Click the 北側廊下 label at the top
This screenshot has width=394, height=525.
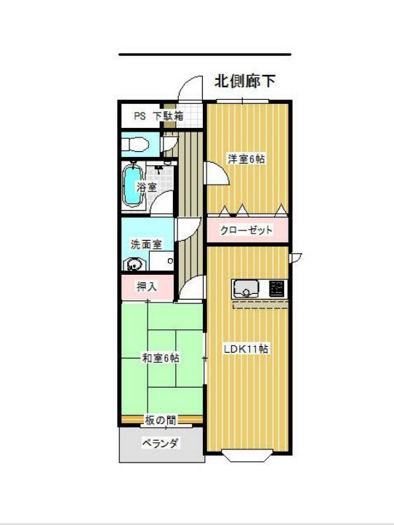(245, 81)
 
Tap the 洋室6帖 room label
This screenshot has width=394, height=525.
(244, 159)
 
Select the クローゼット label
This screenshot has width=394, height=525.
(248, 231)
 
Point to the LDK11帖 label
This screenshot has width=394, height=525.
(246, 348)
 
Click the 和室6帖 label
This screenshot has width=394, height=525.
(161, 358)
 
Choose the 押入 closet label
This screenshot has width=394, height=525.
(147, 286)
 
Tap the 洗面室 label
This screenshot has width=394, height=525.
(146, 244)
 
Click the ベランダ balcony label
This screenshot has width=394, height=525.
(161, 443)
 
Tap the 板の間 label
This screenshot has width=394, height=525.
(160, 420)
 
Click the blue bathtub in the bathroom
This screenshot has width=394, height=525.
(132, 185)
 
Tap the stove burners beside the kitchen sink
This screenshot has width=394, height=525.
(276, 288)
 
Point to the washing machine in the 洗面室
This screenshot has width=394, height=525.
(133, 265)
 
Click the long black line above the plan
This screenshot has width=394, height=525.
(204, 55)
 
